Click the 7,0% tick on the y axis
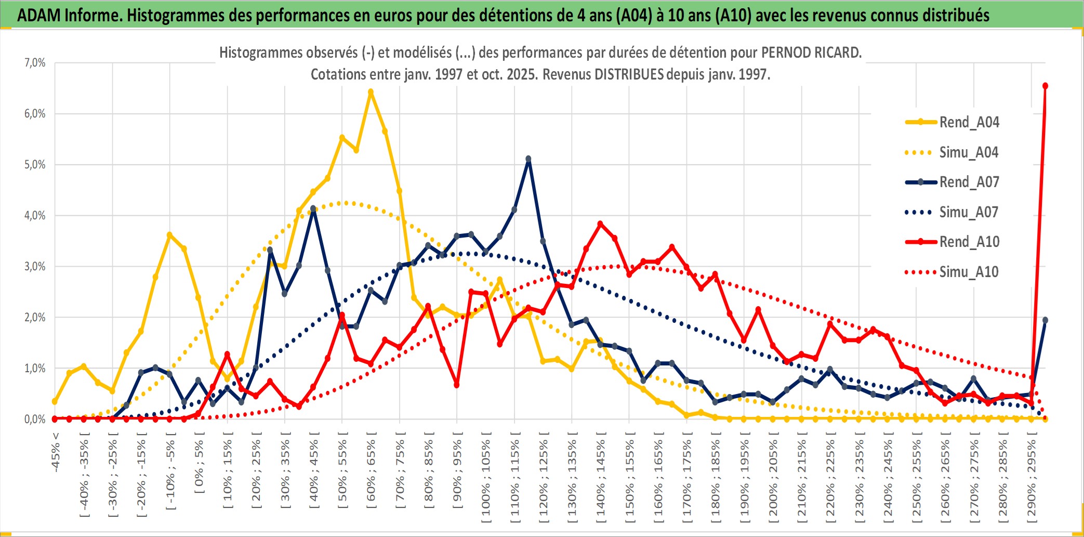tap(35, 63)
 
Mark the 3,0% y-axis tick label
tap(35, 267)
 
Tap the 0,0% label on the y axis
tap(35, 419)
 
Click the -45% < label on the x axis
tap(56, 452)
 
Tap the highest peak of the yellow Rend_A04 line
tap(371, 92)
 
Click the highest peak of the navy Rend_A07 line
tap(528, 159)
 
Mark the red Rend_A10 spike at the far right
tap(1045, 86)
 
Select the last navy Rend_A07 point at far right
tap(1045, 320)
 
